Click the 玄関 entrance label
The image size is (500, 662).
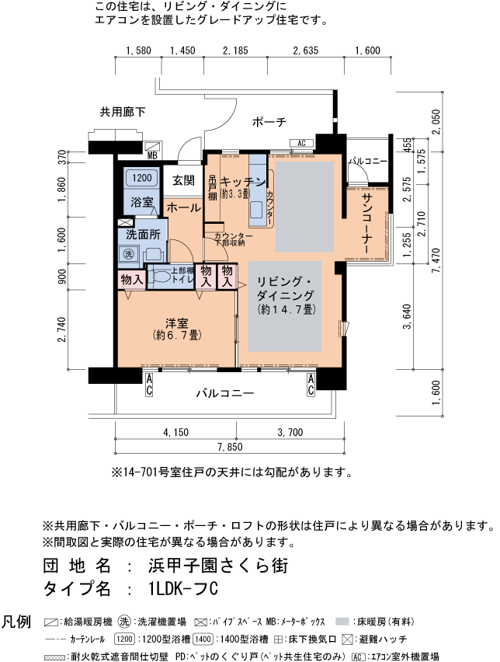(183, 181)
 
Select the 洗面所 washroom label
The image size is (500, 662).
(143, 233)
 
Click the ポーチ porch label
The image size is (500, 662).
(269, 122)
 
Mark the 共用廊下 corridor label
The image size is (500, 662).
(123, 112)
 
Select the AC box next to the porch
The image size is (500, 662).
(300, 143)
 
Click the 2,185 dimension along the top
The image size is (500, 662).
(234, 51)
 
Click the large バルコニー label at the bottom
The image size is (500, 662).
(224, 394)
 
